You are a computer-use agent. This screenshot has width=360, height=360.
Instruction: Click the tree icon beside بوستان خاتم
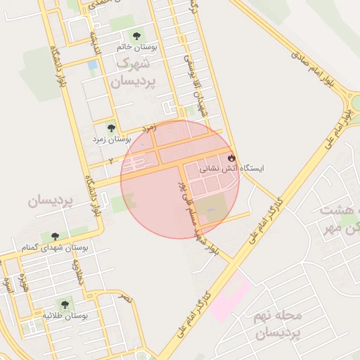[x=136, y=35]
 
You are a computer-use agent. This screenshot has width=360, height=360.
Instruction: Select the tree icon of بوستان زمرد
[x=110, y=128]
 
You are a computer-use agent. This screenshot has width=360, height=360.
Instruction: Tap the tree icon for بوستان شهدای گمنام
[x=55, y=236]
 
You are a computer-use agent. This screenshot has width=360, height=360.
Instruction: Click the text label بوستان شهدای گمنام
[x=56, y=248]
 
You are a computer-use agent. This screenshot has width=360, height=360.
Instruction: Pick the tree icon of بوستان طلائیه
[x=65, y=304]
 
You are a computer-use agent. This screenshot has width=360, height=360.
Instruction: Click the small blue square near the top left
[x=92, y=65]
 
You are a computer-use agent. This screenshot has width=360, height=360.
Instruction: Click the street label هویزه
[x=22, y=283]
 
